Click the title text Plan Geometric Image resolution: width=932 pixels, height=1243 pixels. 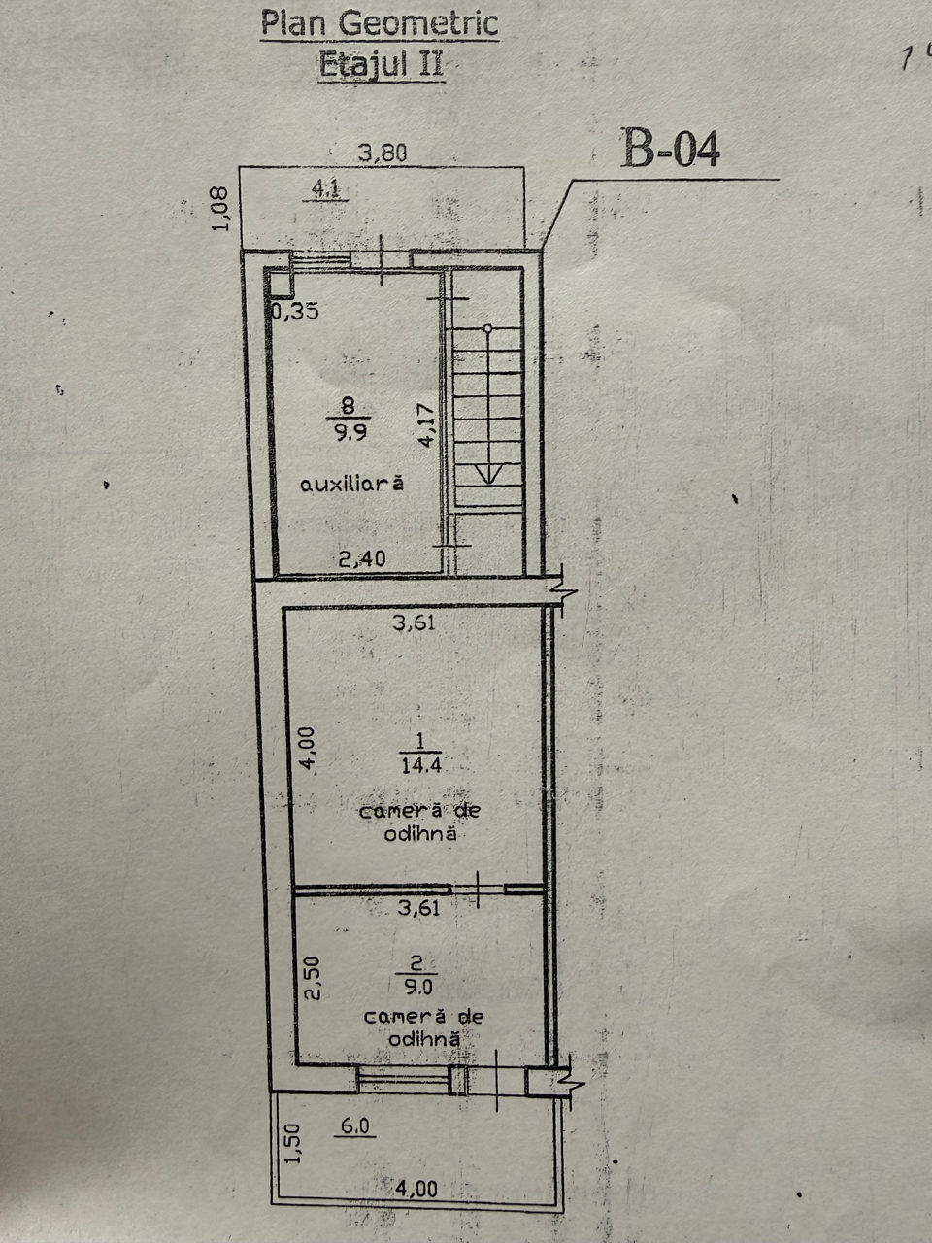(380, 24)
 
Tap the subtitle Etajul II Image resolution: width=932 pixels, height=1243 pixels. (381, 63)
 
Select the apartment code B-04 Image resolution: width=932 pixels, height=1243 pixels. (671, 149)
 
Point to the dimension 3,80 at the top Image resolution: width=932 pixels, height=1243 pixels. (383, 152)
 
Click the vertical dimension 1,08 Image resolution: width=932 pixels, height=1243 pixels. (220, 209)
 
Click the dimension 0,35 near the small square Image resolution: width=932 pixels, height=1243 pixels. (295, 311)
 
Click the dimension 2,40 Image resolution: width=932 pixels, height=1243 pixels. (362, 559)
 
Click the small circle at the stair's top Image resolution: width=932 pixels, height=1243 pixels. (487, 328)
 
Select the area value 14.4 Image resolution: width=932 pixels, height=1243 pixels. (421, 766)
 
